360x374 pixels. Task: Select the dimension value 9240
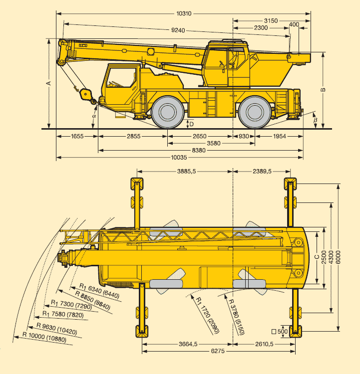pyautogui.click(x=178, y=30)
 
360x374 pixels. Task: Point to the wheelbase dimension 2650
pyautogui.click(x=199, y=136)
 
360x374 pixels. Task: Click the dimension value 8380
pyautogui.click(x=200, y=150)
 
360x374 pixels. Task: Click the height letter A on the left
pyautogui.click(x=49, y=83)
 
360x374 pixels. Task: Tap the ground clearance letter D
pyautogui.click(x=191, y=123)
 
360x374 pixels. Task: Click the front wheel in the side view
pyautogui.click(x=167, y=111)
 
